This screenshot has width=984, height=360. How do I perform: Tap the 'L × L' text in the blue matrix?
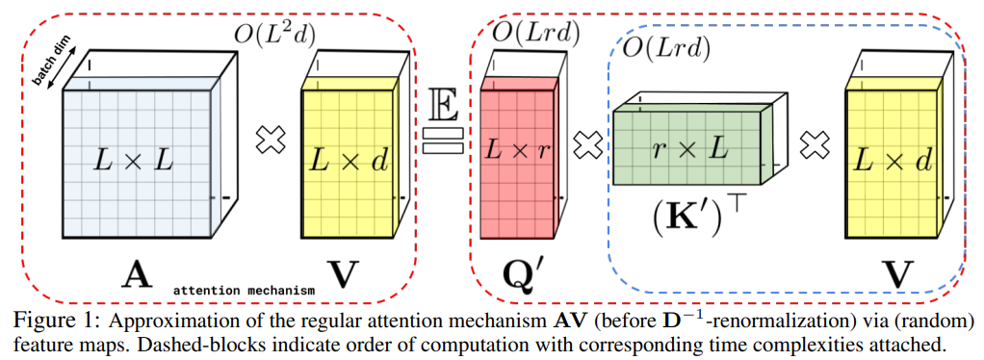136,162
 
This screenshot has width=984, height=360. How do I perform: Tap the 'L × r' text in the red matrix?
519,152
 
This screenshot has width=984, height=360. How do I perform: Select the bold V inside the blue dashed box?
897,275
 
